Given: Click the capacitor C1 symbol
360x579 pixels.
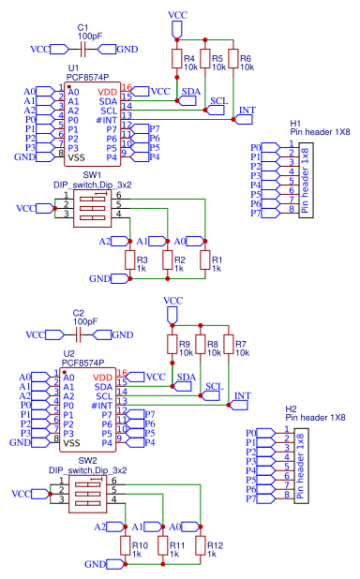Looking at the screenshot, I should click(x=83, y=48).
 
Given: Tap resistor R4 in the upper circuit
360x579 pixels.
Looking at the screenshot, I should click(x=176, y=60).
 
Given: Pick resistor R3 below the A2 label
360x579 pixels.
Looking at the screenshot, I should click(x=128, y=260).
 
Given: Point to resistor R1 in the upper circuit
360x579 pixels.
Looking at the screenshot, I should click(x=204, y=260).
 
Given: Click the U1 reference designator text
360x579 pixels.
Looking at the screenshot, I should click(x=72, y=68).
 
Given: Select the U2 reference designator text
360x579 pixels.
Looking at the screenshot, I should click(x=67, y=353).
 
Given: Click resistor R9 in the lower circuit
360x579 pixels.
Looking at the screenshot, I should click(x=171, y=346).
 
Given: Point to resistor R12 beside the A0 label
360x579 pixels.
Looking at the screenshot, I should click(x=199, y=545).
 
